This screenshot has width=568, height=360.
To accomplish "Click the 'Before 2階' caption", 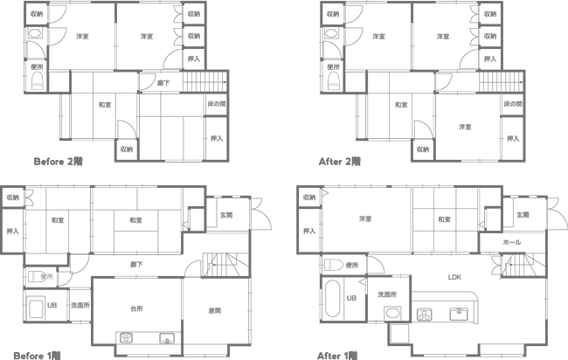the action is tap(59, 161).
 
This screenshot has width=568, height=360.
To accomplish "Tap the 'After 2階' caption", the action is tap(340, 161).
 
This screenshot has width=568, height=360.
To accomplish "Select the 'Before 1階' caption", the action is tap(38, 356).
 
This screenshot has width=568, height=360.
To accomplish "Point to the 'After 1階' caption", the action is tap(337, 356).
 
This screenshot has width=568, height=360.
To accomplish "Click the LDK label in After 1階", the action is tap(454, 277).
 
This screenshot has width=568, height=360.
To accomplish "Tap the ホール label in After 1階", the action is tap(512, 242).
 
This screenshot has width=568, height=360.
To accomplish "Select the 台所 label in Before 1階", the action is tap(136, 308).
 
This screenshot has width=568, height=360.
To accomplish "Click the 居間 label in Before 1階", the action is tap(215, 310).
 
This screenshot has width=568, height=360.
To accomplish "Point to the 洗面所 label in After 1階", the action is tap(387, 294).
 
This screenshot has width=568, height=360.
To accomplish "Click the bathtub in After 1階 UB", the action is tap(333, 299).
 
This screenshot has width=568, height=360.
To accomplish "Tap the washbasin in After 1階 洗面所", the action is tap(392, 312).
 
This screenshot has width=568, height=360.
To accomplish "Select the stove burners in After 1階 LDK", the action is tap(424, 315).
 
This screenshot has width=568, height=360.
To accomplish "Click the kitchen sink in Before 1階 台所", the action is tap(167, 338).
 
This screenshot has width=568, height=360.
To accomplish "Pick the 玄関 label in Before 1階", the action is tap(226, 215).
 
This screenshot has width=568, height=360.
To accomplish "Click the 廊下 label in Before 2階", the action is tap(163, 83).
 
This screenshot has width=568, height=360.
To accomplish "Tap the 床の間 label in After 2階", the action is tap(513, 104).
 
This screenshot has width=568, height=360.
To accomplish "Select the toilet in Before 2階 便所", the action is tap(38, 80).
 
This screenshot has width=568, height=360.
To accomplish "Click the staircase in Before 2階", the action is tap(204, 82).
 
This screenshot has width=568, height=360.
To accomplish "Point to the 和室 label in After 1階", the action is tap(445, 219).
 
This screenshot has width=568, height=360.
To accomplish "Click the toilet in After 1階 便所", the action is tap(334, 265).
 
